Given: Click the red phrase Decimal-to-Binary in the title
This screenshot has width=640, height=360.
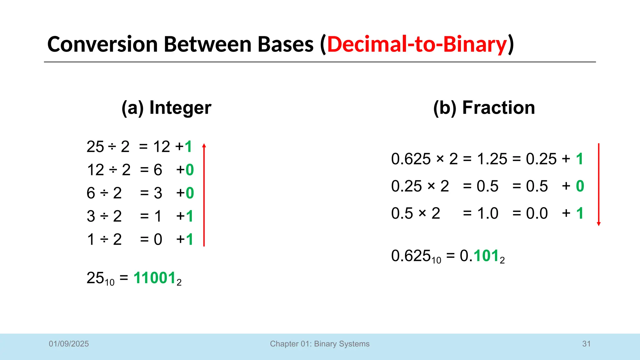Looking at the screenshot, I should point(417,44).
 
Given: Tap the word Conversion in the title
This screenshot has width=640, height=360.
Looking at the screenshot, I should point(102,44).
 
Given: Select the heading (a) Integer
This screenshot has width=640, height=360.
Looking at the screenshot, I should point(166,107).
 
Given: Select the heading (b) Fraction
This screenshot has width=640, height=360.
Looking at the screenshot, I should point(484,107).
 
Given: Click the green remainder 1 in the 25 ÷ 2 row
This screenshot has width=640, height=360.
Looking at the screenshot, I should point(188,147).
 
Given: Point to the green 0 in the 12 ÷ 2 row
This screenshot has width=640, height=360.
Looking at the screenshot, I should point(190,170).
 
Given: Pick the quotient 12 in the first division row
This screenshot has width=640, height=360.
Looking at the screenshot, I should point(162,147).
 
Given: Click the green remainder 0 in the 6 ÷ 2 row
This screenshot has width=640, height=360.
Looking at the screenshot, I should point(190,193).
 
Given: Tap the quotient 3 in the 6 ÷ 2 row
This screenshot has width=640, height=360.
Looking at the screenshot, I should point(158,193).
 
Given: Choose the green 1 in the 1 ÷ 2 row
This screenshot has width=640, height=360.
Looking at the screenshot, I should point(189,240).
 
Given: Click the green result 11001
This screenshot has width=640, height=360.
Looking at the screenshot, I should point(155,278).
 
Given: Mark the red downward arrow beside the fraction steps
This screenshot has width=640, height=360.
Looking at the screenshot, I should point(598,184).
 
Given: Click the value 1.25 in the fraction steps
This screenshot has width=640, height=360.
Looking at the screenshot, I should point(492,159).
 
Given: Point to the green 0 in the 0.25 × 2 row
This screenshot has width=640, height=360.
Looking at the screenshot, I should point(580,186).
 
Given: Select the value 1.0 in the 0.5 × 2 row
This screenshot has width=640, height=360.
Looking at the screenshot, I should point(487,213).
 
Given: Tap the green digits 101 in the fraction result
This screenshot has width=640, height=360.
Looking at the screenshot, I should point(486,256).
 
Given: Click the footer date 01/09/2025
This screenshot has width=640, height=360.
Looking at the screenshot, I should point(69,344).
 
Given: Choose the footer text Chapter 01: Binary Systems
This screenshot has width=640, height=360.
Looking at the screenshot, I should point(320,344).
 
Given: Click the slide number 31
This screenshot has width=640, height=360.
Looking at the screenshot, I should point(586,344).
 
